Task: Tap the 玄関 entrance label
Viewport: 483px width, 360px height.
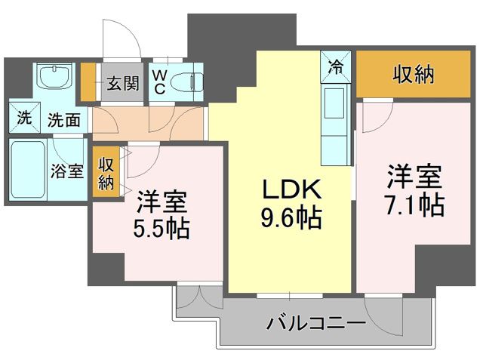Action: tap(122, 82)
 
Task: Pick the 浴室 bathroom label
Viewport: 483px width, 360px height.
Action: tap(67, 171)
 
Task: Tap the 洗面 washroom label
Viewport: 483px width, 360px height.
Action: tap(64, 119)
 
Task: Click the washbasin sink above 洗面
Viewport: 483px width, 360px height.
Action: tap(53, 78)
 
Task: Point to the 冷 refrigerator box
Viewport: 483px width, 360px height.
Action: tap(334, 66)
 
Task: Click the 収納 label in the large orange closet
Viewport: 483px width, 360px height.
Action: tap(414, 74)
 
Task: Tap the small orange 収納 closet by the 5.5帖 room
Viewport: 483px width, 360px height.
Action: tap(105, 174)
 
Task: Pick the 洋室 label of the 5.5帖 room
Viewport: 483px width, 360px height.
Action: tap(162, 202)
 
